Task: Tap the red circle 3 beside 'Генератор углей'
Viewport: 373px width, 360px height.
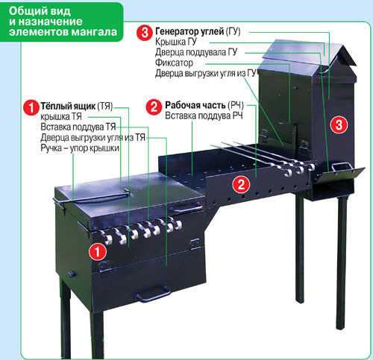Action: [145, 32]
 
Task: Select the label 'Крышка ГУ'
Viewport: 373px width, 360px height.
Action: [176, 42]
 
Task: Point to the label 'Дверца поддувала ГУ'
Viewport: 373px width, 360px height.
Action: [196, 52]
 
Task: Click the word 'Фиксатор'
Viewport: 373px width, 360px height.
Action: [174, 63]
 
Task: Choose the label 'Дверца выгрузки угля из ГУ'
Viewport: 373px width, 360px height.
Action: [206, 73]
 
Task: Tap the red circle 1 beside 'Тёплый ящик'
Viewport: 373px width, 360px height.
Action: [31, 107]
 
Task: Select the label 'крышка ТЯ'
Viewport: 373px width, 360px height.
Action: [61, 116]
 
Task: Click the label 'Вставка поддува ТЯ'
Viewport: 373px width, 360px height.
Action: [78, 127]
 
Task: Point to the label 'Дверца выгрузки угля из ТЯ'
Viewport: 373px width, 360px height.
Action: [93, 137]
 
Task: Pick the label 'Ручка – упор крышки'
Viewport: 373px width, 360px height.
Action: [80, 148]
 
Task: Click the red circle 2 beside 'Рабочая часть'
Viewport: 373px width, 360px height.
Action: [154, 107]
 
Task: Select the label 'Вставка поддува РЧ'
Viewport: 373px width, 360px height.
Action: [204, 116]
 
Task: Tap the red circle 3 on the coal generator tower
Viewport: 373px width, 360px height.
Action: [339, 124]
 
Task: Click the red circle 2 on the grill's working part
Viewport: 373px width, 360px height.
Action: [241, 185]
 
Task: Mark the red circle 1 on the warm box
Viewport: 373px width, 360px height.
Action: [98, 252]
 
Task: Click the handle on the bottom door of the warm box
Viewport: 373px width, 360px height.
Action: [152, 294]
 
